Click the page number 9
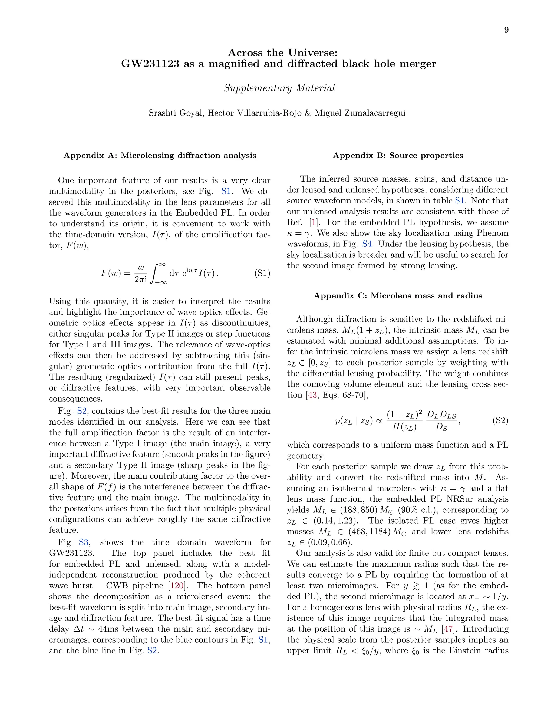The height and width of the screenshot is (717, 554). (x=506, y=30)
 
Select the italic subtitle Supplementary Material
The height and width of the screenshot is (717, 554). (x=279, y=88)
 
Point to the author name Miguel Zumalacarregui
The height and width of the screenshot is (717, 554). (x=360, y=113)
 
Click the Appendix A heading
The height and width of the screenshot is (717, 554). (x=160, y=155)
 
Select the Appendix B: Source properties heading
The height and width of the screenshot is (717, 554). (x=398, y=155)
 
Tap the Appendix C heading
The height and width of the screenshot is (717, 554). (x=398, y=295)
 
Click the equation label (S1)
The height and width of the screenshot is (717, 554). (x=262, y=273)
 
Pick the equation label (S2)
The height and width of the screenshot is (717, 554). (x=500, y=420)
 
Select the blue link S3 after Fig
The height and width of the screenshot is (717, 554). (x=84, y=542)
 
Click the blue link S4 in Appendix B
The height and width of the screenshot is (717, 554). (x=367, y=244)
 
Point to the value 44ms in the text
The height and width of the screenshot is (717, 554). (x=108, y=629)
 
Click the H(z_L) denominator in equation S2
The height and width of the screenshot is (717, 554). (x=404, y=427)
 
